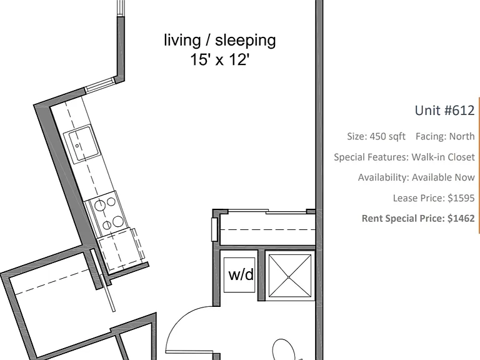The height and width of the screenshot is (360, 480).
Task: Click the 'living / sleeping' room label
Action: [220, 41]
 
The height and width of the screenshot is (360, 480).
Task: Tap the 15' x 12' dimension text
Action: [220, 59]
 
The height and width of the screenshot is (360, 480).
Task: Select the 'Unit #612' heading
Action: [444, 110]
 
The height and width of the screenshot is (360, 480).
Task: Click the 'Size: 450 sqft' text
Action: [376, 136]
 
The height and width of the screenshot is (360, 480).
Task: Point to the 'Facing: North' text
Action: [445, 136]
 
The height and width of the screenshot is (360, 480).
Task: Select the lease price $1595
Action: [434, 198]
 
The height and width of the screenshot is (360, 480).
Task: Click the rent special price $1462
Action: [418, 218]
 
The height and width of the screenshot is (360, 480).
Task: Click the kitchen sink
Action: [81, 144]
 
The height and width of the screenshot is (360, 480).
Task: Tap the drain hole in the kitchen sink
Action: [77, 146]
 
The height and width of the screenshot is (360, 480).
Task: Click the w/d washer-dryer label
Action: [241, 274]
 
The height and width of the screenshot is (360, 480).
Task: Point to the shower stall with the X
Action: [289, 276]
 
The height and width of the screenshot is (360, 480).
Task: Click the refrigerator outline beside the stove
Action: [121, 250]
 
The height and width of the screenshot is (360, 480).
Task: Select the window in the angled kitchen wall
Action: [100, 85]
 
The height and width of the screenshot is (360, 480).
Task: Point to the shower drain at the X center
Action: [289, 277]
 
